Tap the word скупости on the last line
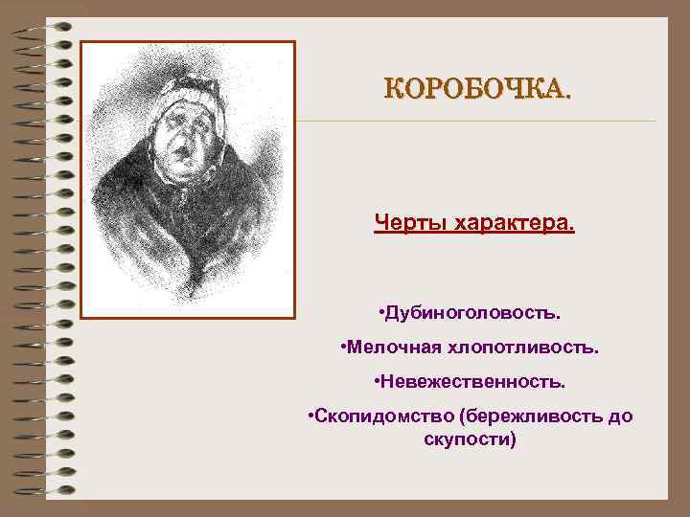coord(470,439)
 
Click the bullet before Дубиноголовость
coord(381,313)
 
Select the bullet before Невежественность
coord(377,382)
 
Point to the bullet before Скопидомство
coord(310,417)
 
